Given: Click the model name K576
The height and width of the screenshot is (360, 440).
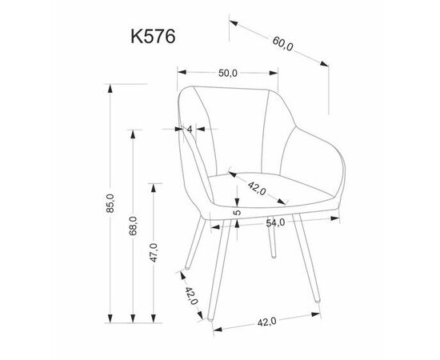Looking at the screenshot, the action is click(153, 36).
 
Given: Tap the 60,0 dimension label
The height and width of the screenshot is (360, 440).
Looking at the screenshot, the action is click(283, 44).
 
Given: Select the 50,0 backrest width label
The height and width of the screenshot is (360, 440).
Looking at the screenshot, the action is click(228, 74).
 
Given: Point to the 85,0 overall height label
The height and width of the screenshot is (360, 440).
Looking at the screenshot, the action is click(110, 203).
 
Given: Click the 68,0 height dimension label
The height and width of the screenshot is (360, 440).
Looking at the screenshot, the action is click(133, 226).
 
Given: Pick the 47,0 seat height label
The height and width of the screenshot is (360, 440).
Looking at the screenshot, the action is click(154, 253).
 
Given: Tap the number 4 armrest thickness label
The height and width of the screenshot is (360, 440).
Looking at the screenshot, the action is click(190, 130).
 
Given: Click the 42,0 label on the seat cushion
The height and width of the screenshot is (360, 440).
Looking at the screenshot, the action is click(257, 188).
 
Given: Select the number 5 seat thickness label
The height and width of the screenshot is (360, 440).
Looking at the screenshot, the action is click(238, 212).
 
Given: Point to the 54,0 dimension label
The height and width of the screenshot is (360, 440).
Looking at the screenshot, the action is click(275, 222).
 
